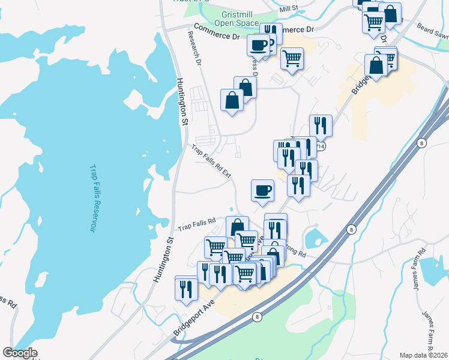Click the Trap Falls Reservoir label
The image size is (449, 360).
coord(92,199)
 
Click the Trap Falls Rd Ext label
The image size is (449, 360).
coord(211,160)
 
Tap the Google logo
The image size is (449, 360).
coord(20,353)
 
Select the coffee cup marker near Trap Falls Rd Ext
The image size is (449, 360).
coord(262,191)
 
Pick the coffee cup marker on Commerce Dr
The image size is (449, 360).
coord(259,44)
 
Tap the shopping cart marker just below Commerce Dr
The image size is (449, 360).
coord(292,59)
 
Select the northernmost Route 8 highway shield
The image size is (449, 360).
coord(421,143)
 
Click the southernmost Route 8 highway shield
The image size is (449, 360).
coord(257,317)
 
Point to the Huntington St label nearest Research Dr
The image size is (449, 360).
coord(182,101)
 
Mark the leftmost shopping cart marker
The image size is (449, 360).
coord(216,247)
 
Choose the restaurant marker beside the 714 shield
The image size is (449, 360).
coord(321,125)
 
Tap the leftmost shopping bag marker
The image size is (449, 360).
coord(232,100)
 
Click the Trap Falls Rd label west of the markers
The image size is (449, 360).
coord(197,225)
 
